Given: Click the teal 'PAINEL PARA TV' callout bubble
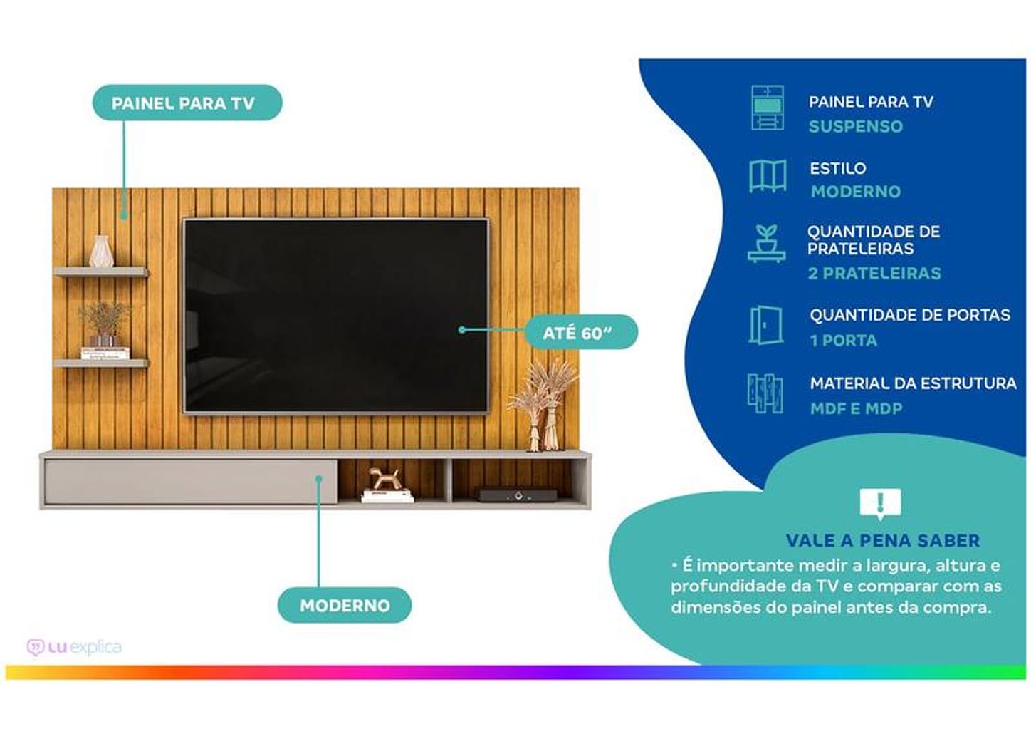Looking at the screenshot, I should (x=187, y=103).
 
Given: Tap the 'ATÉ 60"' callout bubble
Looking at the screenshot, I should (x=579, y=333).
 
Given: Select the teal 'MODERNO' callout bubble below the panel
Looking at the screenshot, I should (x=345, y=606).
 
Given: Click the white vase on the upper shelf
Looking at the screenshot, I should (x=101, y=252).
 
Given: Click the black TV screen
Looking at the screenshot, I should (x=335, y=315).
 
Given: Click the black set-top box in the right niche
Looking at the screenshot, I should (x=517, y=495).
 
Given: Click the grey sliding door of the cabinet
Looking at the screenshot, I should (x=189, y=482).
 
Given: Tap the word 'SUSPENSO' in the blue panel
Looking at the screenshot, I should (x=855, y=127).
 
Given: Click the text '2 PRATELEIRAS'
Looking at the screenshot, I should (x=874, y=274).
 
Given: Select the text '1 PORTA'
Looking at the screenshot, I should (x=843, y=341).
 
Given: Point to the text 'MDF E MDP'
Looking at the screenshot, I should (x=856, y=409).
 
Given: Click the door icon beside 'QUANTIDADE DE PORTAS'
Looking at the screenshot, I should (x=765, y=326).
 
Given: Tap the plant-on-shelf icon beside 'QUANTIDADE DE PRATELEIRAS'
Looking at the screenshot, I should (x=766, y=244).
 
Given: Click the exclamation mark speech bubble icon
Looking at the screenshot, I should (x=880, y=503).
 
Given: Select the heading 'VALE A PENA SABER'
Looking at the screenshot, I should (x=883, y=541).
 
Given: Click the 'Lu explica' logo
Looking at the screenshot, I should (x=74, y=647).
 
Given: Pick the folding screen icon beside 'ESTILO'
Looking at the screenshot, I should (x=767, y=176).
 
